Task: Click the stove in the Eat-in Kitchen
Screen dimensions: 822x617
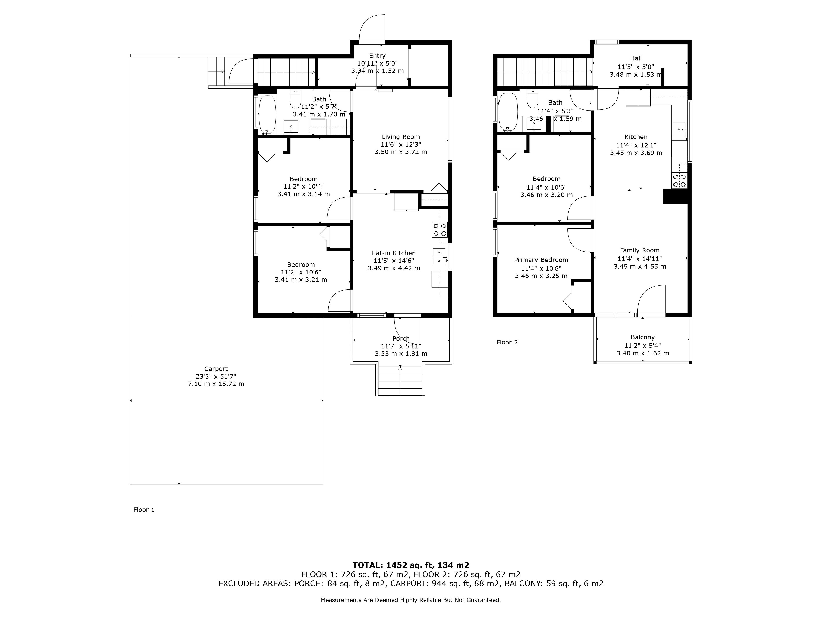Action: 440,229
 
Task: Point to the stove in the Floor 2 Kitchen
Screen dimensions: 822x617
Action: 679,181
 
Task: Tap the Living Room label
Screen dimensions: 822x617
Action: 401,137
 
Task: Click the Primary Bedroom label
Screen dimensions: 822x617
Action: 541,260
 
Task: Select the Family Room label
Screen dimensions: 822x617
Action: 640,250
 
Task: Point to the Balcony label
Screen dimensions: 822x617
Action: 643,337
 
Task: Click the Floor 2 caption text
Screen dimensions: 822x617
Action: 507,342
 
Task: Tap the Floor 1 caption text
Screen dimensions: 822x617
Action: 144,509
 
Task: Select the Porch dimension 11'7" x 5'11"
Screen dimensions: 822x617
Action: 401,346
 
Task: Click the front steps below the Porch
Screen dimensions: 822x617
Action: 400,381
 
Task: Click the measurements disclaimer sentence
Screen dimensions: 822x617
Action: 411,600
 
